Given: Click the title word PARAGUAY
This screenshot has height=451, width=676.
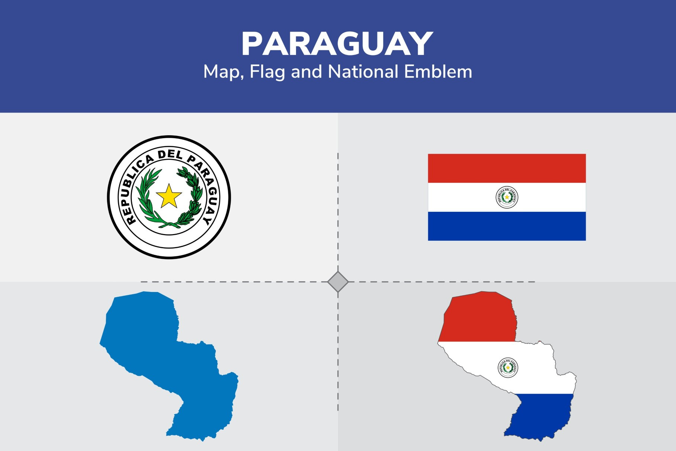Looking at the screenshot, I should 337,44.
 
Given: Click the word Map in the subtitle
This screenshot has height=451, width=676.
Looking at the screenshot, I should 222,72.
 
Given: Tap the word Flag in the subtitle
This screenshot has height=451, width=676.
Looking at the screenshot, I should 267,72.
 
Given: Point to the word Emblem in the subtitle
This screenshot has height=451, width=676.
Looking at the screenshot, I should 438,72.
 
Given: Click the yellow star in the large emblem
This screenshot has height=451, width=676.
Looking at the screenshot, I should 169,196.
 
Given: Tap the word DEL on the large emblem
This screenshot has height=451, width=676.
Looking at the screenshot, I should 170,155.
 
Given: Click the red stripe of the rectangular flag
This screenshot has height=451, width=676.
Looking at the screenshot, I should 507,168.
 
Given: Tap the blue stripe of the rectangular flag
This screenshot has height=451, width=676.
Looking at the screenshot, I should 507,226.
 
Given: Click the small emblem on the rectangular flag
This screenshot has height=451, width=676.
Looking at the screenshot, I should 507,197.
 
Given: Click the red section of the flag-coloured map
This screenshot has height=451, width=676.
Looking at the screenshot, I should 479,319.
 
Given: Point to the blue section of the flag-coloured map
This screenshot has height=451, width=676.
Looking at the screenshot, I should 539,416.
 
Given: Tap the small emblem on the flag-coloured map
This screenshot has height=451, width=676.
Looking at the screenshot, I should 508,367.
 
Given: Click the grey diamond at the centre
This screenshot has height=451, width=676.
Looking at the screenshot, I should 338,282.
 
